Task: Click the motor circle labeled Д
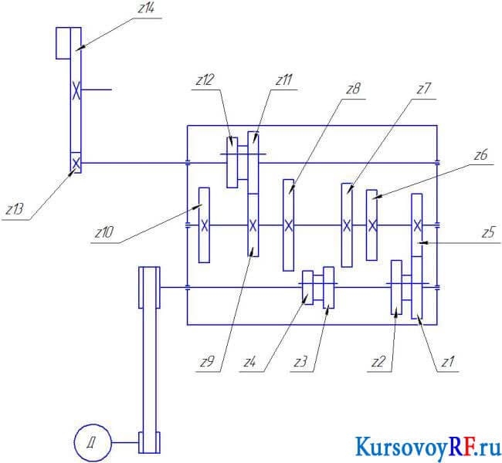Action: [x=93, y=443]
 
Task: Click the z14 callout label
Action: [x=146, y=8]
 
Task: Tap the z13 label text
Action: [x=15, y=210]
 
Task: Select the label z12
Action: [x=205, y=79]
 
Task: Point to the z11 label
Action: [x=284, y=79]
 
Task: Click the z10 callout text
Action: [x=104, y=232]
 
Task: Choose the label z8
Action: [x=354, y=89]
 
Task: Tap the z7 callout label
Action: [x=424, y=89]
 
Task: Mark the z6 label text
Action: [x=480, y=155]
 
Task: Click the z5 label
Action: [x=489, y=232]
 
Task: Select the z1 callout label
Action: [x=448, y=362]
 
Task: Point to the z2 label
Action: [x=378, y=362]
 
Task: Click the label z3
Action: [x=300, y=362]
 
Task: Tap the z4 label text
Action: [x=249, y=362]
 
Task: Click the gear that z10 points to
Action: [x=204, y=225]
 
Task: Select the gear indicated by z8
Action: [x=289, y=225]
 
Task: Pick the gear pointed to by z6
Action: [x=371, y=225]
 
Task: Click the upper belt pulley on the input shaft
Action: [x=149, y=287]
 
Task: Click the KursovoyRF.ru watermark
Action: [x=428, y=447]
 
